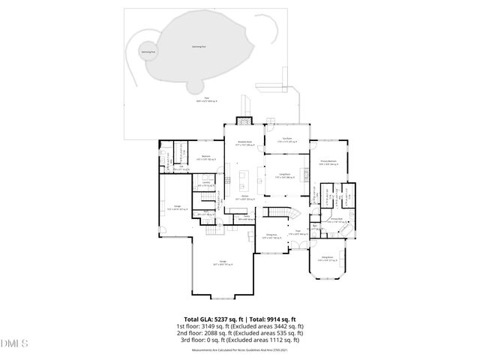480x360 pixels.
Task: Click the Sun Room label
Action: tap(286, 139)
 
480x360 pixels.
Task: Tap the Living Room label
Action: tap(285, 175)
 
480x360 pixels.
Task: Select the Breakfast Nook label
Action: tap(244, 142)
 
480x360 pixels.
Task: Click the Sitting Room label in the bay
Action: tap(328, 259)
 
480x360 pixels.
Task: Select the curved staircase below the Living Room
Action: tap(281, 213)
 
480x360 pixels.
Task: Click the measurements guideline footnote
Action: tap(239, 349)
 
